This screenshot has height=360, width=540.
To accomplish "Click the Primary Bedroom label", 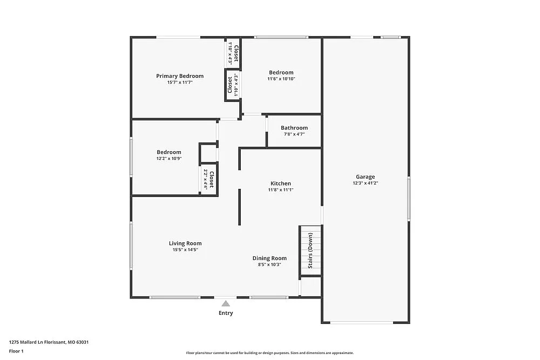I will (x=180, y=76).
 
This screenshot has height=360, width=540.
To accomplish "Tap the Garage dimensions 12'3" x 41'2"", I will (x=365, y=183).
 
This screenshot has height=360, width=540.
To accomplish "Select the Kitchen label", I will (x=280, y=184).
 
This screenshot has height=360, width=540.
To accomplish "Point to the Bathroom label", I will (x=294, y=128).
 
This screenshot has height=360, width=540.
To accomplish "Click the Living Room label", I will (x=185, y=243).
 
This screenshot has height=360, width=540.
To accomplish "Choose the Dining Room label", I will (x=269, y=258).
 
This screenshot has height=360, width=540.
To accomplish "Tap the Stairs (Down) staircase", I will (x=310, y=250).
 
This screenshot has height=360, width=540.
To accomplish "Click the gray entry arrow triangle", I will (x=226, y=303).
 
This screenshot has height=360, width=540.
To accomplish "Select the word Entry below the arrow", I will (x=226, y=313).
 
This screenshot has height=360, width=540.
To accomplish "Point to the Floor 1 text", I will (x=16, y=351).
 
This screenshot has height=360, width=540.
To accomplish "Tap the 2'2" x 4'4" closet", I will (x=209, y=179).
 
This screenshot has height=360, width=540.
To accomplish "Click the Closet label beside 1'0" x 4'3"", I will (x=236, y=53).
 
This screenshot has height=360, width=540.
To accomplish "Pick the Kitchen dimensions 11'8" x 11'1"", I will (x=280, y=190).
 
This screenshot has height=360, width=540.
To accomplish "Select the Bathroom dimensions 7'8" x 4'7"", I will (x=294, y=134).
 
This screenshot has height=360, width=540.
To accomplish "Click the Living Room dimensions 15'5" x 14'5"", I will (x=185, y=250).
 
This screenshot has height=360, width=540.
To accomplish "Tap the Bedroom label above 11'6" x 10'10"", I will (x=281, y=72).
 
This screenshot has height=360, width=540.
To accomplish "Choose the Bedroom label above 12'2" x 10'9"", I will (x=169, y=152).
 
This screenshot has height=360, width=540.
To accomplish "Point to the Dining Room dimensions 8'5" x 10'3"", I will (x=269, y=264).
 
